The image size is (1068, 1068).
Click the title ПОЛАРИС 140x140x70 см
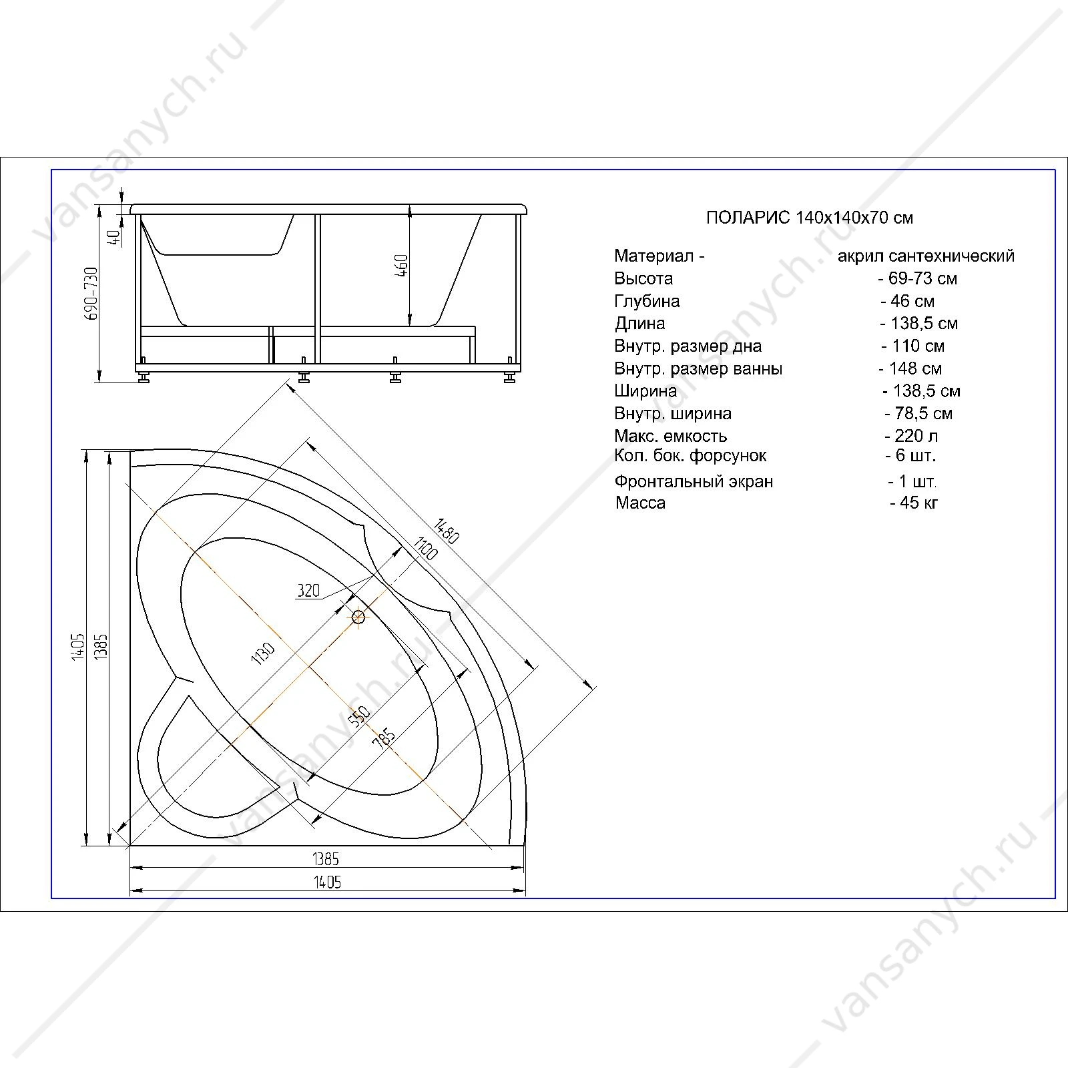coord(810,218)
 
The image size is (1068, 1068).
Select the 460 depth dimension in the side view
coord(402,266)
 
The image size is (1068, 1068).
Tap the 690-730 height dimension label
coord(92,293)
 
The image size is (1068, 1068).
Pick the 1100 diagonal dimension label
coord(425,549)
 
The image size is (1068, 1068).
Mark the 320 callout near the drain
coord(308,590)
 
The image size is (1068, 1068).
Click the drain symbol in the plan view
coord(359,617)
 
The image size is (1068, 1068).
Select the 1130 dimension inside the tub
coord(263,653)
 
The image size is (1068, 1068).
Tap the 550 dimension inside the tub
coord(358,716)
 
